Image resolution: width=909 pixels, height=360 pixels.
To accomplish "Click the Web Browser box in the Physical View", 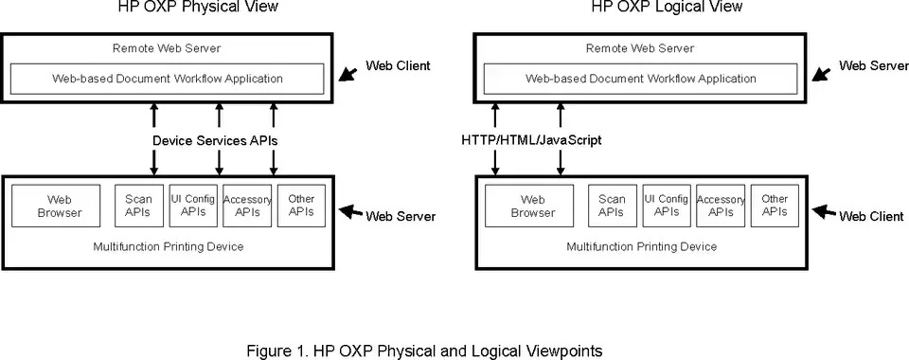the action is click(56, 206).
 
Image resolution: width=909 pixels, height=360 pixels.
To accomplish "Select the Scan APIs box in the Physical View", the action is click(137, 206).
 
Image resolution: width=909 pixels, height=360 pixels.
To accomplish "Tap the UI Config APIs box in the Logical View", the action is click(666, 206).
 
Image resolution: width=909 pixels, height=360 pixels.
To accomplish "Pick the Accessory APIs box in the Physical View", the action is click(247, 206).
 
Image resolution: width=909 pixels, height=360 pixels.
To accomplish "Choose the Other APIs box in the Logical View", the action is click(775, 206).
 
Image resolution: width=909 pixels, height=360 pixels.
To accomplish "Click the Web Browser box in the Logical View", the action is click(529, 206).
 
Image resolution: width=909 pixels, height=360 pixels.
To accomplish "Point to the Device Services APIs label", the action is click(215, 140).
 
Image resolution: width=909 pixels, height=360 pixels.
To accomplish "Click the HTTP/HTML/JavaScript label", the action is click(531, 140).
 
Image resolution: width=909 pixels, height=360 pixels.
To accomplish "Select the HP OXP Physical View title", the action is click(198, 7).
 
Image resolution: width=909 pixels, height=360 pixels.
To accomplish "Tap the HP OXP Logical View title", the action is click(667, 7).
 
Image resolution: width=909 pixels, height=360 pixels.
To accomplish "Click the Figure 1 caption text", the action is click(424, 351).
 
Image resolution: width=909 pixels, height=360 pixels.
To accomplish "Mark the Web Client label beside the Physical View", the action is click(398, 65).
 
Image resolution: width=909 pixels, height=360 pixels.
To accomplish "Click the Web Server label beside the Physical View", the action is click(400, 216).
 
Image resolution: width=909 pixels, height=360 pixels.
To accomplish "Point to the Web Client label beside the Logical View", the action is click(871, 216).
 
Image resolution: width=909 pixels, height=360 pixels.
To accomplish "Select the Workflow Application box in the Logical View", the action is click(641, 79).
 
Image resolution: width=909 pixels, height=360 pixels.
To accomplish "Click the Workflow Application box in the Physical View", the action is click(168, 79).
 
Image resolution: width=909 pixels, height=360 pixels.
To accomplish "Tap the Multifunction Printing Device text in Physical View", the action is click(169, 247).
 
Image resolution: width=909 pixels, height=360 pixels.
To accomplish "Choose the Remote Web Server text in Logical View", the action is click(640, 48).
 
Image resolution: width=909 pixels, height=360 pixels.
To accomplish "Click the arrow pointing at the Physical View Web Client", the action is click(348, 73).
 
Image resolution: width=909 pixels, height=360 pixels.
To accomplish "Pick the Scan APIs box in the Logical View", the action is click(611, 206).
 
